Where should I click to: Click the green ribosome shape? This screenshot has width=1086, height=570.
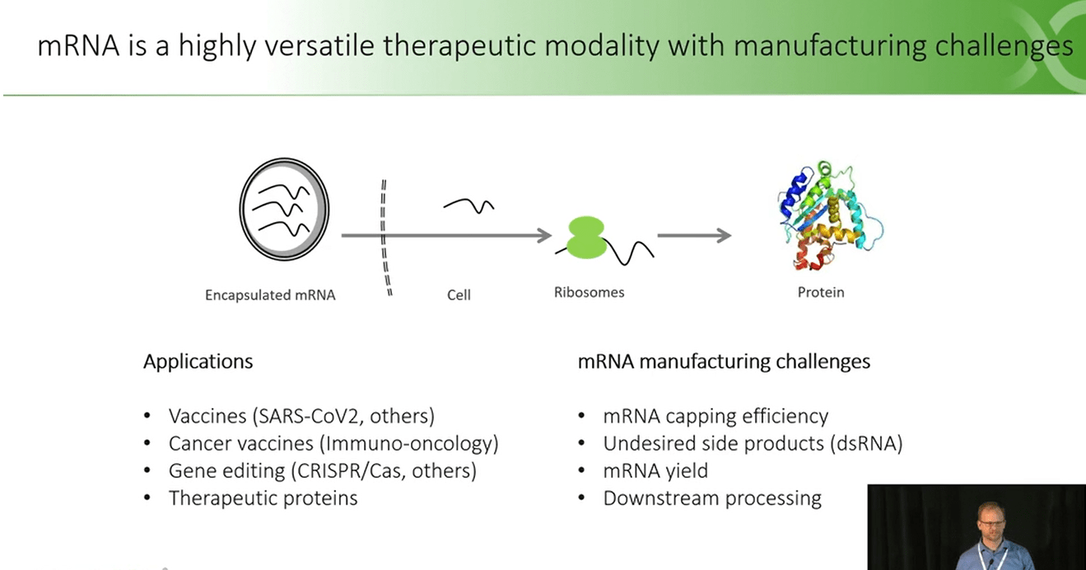(586, 238)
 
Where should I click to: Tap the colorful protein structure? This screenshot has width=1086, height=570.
(830, 215)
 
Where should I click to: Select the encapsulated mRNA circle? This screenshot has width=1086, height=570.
(285, 209)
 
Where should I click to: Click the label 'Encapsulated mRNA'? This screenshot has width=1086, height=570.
(270, 295)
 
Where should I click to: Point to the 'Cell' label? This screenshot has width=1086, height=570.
(459, 295)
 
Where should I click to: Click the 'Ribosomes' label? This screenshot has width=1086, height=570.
(589, 292)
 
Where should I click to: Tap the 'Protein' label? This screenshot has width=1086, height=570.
(821, 292)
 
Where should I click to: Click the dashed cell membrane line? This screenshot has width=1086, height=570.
(385, 238)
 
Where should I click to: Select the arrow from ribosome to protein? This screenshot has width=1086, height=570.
(694, 235)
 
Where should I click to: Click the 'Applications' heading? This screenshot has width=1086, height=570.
(198, 361)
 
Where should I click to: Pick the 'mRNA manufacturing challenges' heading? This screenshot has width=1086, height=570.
(724, 361)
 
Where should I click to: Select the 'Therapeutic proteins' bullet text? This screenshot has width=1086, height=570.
(263, 498)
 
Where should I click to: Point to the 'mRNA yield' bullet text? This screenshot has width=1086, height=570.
(655, 470)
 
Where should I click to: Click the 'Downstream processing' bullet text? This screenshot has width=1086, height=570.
(712, 498)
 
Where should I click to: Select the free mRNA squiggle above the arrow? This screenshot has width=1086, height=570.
(468, 206)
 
